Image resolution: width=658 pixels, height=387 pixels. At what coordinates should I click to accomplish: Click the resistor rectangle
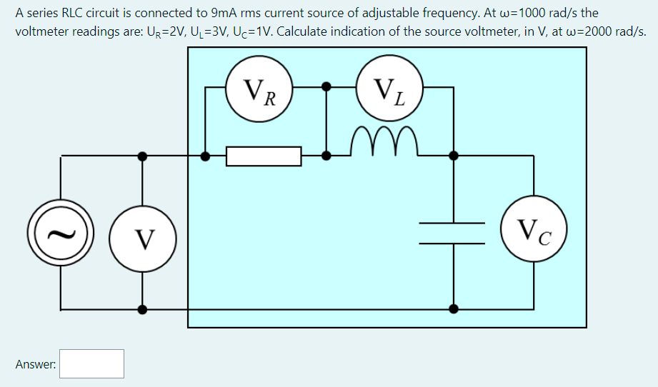point(264,155)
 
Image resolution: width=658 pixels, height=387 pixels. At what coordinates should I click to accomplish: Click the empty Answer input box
point(92,363)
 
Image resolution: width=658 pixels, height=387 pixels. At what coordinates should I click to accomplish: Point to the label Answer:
point(36,364)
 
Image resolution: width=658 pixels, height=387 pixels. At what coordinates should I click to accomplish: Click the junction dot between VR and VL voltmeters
point(326,87)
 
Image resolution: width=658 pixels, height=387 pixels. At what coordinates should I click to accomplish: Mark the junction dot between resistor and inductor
point(326,155)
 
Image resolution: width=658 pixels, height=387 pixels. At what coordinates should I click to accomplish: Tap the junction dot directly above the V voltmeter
point(143,155)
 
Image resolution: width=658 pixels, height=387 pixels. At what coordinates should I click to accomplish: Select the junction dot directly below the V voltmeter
point(143,309)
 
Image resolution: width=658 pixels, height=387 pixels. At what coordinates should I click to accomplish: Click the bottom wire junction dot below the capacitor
point(453,309)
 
